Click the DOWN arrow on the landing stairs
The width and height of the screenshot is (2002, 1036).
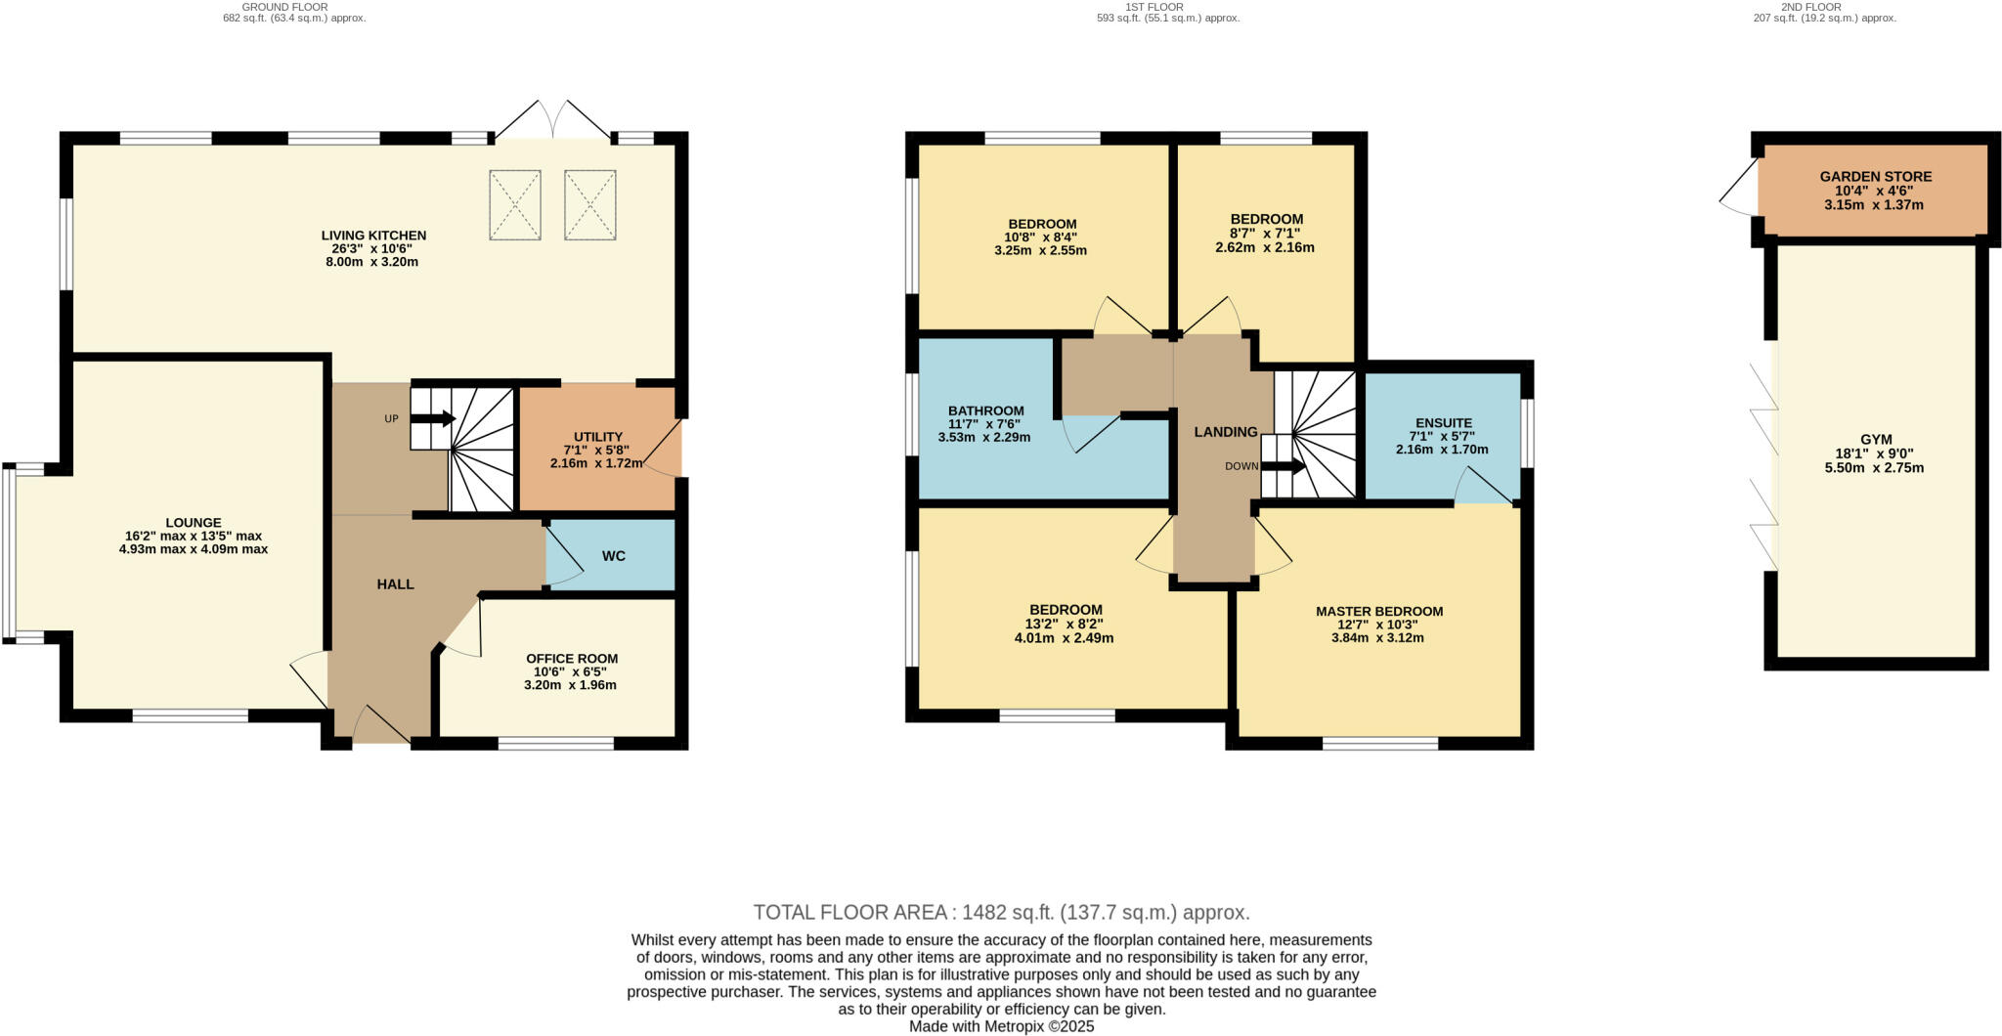click(1284, 466)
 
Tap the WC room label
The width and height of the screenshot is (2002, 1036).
click(613, 556)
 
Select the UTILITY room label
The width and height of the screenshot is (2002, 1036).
click(598, 437)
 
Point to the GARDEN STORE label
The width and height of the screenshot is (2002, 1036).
click(1875, 177)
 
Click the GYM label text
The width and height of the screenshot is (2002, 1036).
click(1875, 440)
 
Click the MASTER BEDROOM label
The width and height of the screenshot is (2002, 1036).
click(1378, 612)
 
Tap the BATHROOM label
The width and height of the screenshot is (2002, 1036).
click(985, 410)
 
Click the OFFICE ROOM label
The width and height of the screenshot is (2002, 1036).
click(572, 659)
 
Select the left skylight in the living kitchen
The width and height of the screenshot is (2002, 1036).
click(515, 204)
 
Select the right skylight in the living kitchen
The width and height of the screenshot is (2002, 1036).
click(590, 204)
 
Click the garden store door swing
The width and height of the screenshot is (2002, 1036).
click(1739, 200)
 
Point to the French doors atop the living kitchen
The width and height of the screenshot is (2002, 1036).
click(554, 121)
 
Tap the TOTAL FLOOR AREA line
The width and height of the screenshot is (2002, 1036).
click(1001, 912)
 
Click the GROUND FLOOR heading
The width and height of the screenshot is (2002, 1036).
click(284, 7)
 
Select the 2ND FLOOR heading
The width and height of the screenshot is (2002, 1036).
click(1824, 7)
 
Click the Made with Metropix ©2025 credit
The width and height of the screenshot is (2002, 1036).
click(1001, 1026)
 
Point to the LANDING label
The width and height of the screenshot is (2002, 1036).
click(1225, 432)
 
